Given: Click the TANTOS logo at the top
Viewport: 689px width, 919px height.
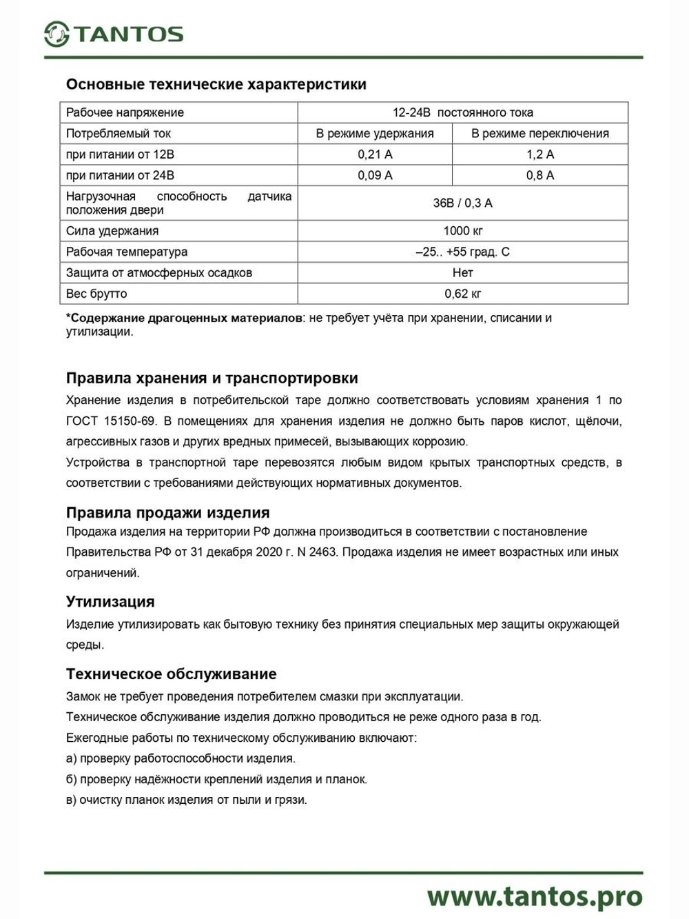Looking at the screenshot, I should pyautogui.click(x=114, y=34).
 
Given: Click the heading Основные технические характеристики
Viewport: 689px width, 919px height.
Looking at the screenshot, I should pyautogui.click(x=216, y=85).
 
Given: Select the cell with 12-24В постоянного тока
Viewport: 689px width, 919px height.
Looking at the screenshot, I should pyautogui.click(x=462, y=112).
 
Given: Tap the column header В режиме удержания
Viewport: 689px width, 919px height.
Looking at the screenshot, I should pyautogui.click(x=375, y=134).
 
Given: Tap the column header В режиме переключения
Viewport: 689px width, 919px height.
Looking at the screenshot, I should pyautogui.click(x=539, y=134).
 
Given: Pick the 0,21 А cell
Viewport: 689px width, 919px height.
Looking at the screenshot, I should pyautogui.click(x=375, y=154).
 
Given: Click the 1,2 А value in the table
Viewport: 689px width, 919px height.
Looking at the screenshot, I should pyautogui.click(x=539, y=154).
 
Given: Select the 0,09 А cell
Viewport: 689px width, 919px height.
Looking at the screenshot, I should pyautogui.click(x=375, y=175).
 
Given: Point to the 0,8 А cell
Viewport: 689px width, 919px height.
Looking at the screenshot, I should pyautogui.click(x=539, y=175).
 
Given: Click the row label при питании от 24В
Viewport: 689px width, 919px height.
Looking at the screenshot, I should pyautogui.click(x=120, y=175).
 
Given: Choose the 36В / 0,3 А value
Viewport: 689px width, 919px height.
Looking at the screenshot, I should pyautogui.click(x=462, y=203).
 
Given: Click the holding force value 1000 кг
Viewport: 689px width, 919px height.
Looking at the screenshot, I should pyautogui.click(x=462, y=231).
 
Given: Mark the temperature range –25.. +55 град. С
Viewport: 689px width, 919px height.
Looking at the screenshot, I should pyautogui.click(x=462, y=252).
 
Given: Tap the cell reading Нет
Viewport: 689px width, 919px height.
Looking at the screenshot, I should pyautogui.click(x=462, y=272).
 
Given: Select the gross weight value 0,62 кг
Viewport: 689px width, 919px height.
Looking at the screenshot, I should pyautogui.click(x=462, y=294).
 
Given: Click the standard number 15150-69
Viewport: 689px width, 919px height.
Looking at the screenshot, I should pyautogui.click(x=130, y=421).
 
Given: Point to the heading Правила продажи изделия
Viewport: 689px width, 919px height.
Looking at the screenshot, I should pyautogui.click(x=167, y=513).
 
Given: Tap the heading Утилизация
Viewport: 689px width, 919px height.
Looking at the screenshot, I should pyautogui.click(x=110, y=602).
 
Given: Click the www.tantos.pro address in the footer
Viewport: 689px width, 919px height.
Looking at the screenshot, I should pyautogui.click(x=535, y=896).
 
